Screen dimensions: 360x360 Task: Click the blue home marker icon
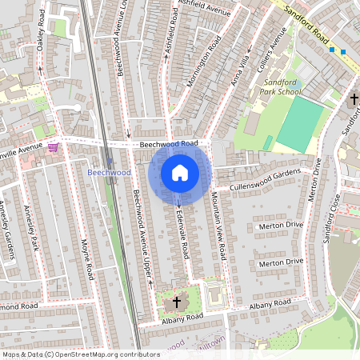[x=180, y=173]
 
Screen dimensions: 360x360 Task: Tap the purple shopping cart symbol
[x=53, y=147]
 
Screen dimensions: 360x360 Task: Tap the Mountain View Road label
[x=218, y=224]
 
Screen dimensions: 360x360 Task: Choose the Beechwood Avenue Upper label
[x=142, y=237]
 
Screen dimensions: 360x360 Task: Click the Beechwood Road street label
[x=169, y=144]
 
